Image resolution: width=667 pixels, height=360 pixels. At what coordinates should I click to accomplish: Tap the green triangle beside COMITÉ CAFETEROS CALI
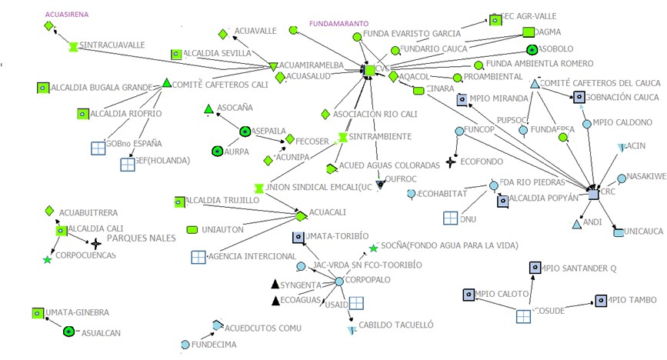pyautogui.click(x=166, y=83)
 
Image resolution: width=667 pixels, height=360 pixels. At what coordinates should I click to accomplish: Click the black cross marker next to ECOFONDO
pyautogui.click(x=451, y=162)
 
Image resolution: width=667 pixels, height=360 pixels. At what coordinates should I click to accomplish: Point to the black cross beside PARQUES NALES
pyautogui.click(x=96, y=243)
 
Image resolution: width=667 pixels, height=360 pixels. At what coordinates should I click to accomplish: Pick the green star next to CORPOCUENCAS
pyautogui.click(x=48, y=261)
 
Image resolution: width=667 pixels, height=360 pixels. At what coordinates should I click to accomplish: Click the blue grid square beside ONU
pyautogui.click(x=451, y=218)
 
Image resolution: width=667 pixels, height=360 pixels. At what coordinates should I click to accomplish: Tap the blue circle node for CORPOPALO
pyautogui.click(x=339, y=282)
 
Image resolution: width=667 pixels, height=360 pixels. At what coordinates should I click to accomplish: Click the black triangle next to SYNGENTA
pyautogui.click(x=275, y=285)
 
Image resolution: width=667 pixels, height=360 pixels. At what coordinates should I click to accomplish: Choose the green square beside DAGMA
pyautogui.click(x=529, y=32)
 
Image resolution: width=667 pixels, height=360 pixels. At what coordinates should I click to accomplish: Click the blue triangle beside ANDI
pyautogui.click(x=576, y=225)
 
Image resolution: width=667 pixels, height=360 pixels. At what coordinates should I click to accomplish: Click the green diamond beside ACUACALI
pyautogui.click(x=301, y=216)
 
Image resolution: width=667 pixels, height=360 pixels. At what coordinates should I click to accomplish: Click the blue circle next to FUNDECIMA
pyautogui.click(x=185, y=344)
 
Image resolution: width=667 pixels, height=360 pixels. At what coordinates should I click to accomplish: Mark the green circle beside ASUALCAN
pyautogui.click(x=68, y=332)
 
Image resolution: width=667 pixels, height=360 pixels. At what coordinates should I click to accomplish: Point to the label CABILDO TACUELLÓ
pyautogui.click(x=396, y=325)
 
